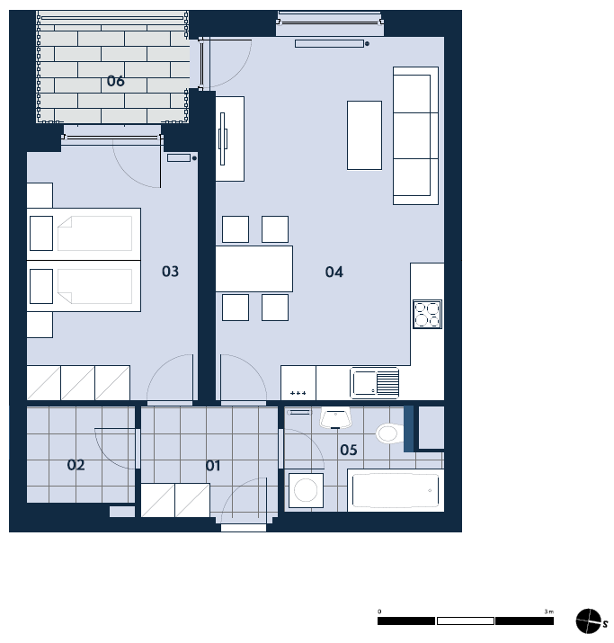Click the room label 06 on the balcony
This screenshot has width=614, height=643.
coord(116,81)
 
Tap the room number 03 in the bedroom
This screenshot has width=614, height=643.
coord(170,271)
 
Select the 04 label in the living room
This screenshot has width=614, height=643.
coord(334,272)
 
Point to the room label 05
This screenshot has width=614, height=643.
coord(349,450)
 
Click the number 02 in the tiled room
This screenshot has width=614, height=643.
coord(76,465)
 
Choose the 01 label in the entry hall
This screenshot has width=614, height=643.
coord(213,466)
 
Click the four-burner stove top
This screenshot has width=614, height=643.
coord(427,314)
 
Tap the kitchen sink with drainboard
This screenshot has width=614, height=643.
coord(375,382)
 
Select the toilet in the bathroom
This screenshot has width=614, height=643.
coord(390,433)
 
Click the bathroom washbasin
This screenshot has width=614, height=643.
coord(335,418)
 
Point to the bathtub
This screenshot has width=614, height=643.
coord(396,490)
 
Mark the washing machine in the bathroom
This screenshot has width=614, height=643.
coord(306,490)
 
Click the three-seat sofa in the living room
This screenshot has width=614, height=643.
coord(415,135)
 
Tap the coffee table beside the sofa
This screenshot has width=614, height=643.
coord(364,135)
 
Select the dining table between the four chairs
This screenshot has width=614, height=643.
coord(254,269)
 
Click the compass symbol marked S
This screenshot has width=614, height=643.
coord(589,621)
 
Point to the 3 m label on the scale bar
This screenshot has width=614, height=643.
coord(549,612)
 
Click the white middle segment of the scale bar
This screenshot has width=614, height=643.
coord(465,621)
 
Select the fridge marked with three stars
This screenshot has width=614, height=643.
coord(298,383)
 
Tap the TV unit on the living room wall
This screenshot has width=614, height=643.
coord(230,138)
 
